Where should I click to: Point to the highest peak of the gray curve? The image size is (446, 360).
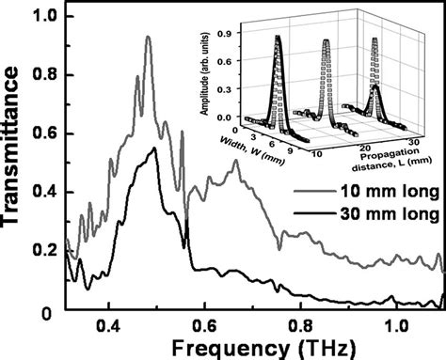pyautogui.click(x=148, y=38)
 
